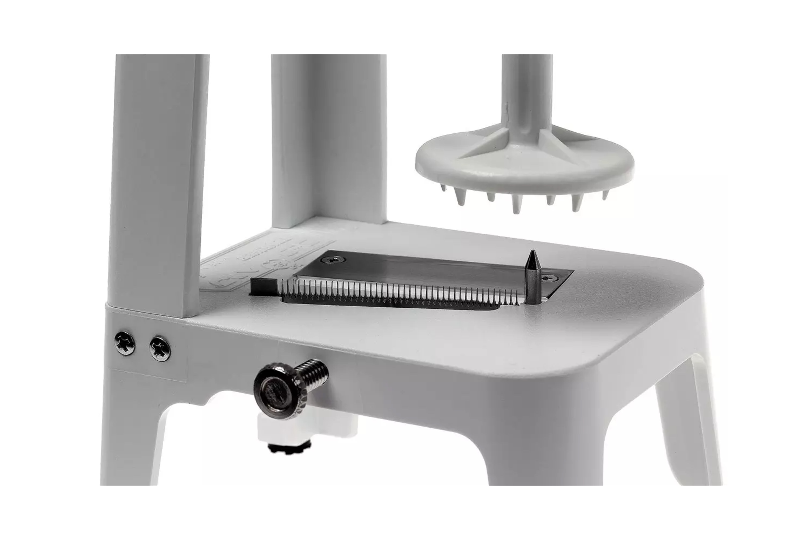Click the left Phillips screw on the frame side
125,343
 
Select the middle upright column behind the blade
327,138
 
